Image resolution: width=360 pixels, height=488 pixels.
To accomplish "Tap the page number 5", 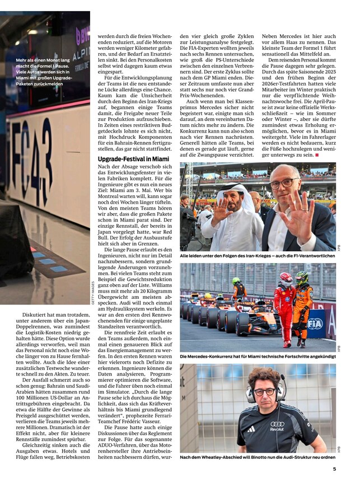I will tap(334, 470).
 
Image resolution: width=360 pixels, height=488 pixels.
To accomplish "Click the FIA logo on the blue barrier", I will tap(315, 323).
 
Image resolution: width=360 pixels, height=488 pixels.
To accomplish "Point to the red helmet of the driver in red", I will tap(286, 278).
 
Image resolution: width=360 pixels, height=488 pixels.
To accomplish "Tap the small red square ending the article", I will tap(316, 155).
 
